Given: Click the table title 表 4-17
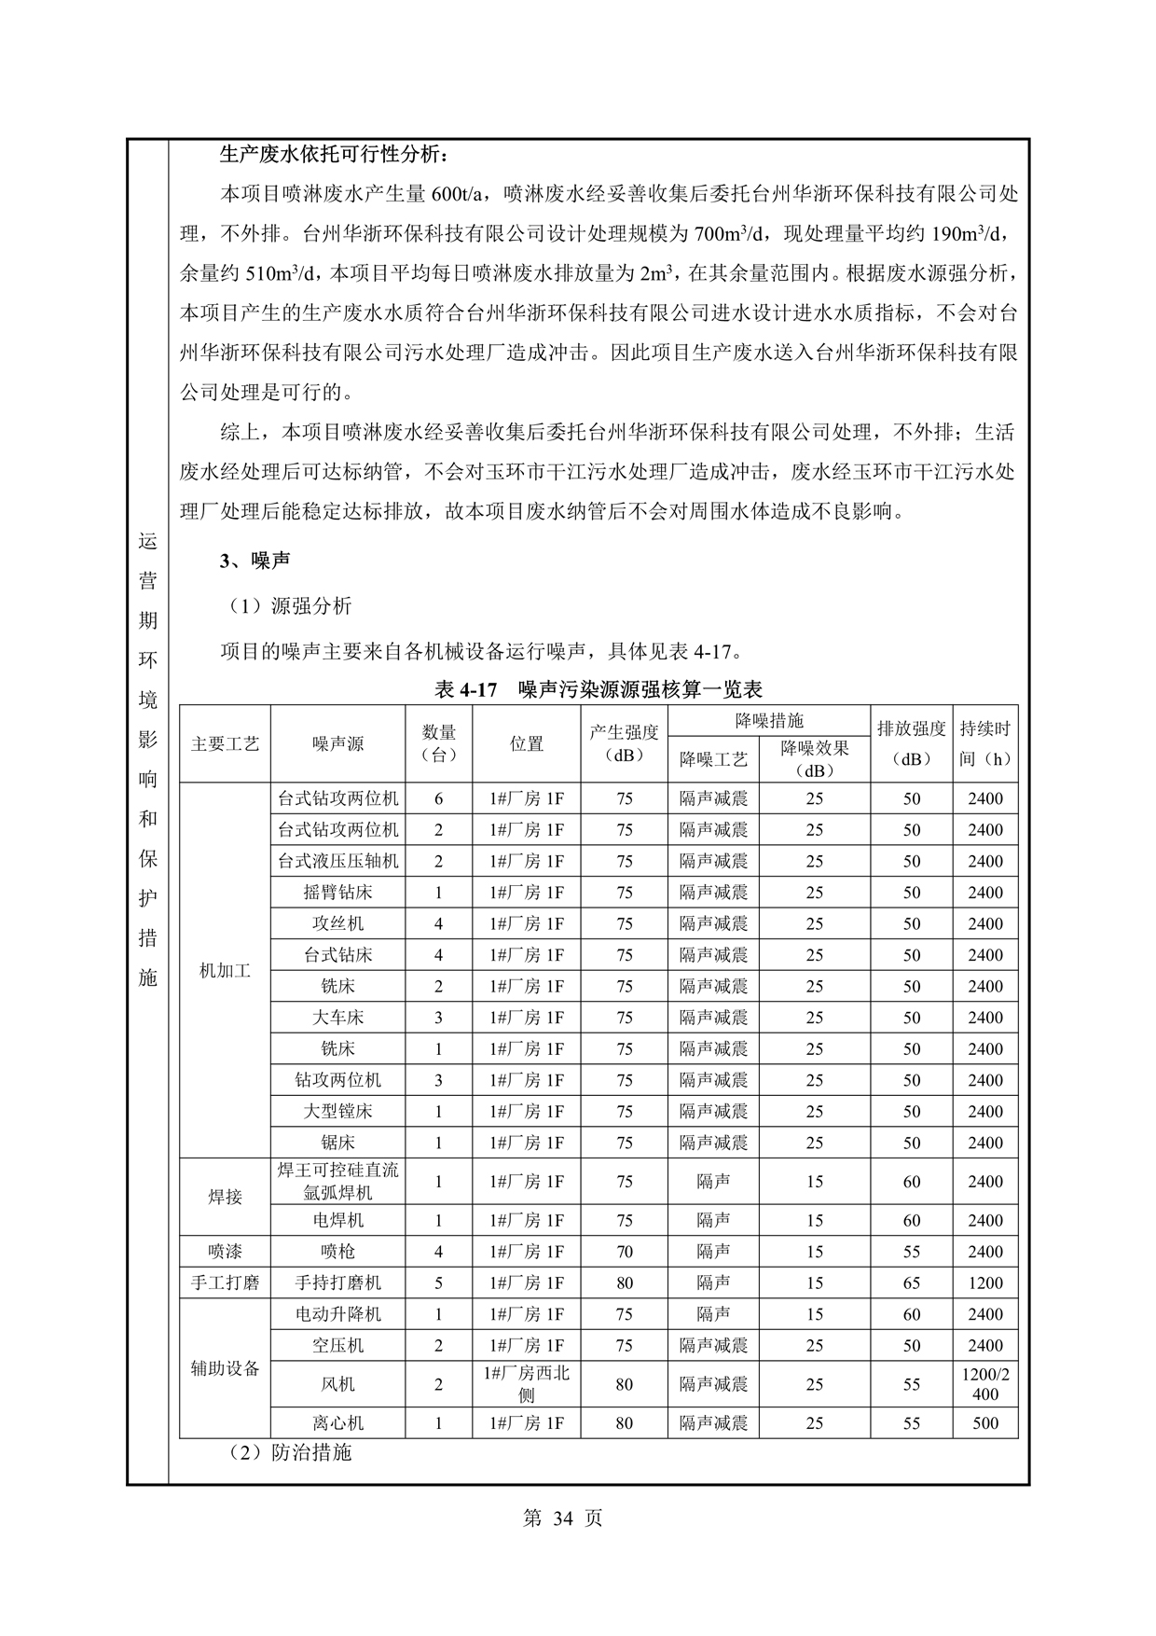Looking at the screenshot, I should (x=598, y=689).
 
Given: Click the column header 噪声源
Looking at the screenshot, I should (x=337, y=743).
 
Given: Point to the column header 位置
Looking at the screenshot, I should (x=526, y=743).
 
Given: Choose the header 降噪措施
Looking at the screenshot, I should (x=768, y=720).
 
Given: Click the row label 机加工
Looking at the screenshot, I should (x=225, y=971).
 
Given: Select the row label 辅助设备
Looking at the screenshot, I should (x=225, y=1369).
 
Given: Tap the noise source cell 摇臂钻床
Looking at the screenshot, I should (x=337, y=892).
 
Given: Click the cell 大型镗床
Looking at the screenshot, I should (x=337, y=1111).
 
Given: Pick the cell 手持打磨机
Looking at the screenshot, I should (x=337, y=1282).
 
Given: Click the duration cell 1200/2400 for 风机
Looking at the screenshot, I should (x=984, y=1384).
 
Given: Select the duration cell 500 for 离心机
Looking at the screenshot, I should (x=984, y=1423).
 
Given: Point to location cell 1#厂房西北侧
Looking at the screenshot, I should (x=526, y=1384).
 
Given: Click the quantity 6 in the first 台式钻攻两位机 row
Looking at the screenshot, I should (x=438, y=798).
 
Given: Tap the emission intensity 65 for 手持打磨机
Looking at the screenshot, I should (x=911, y=1282).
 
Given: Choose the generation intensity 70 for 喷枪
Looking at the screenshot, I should (x=624, y=1252).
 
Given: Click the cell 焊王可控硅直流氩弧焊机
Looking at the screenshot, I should (x=337, y=1181).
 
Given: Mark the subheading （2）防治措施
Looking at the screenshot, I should (x=290, y=1452).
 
